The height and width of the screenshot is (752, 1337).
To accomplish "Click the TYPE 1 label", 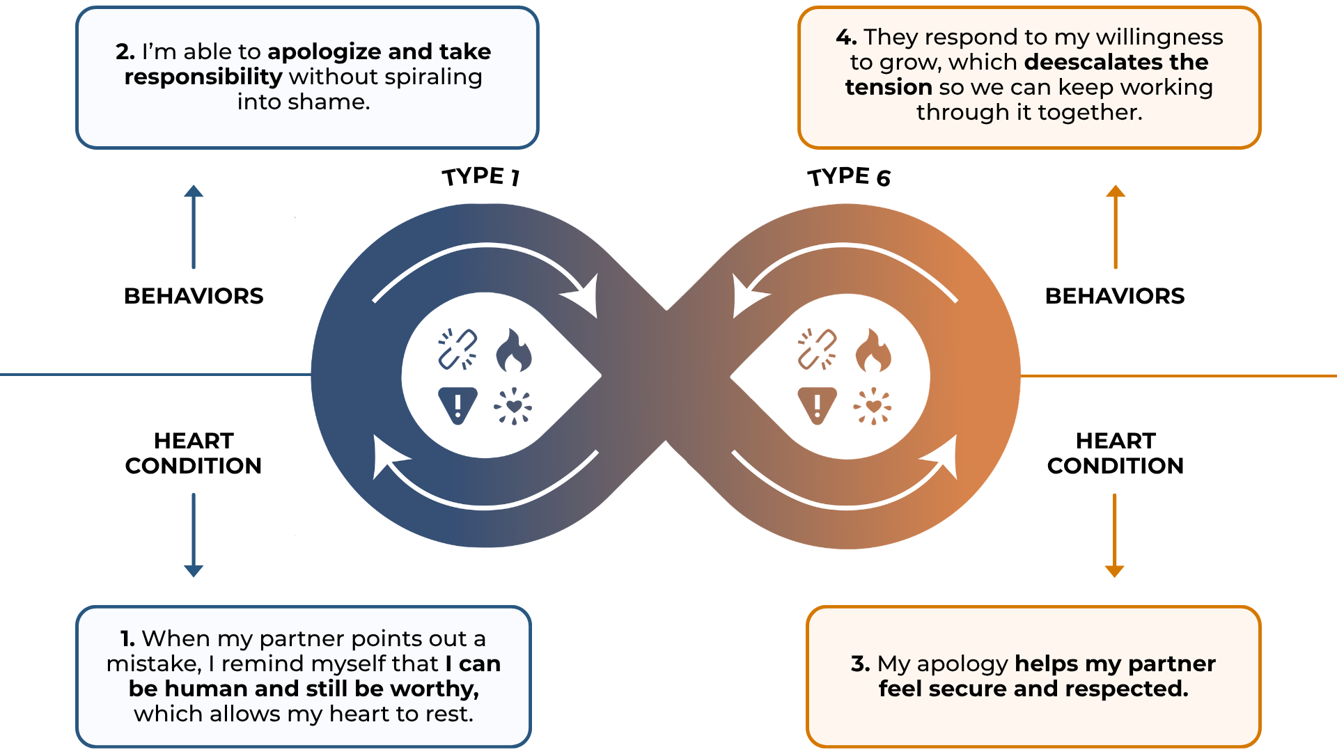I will click(x=481, y=176).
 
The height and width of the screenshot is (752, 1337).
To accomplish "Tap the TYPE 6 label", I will click(x=849, y=177).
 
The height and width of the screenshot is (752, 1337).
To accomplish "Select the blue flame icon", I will click(x=514, y=350).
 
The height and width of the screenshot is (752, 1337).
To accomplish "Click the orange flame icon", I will click(x=873, y=350).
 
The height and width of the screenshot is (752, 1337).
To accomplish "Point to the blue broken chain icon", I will click(x=458, y=349).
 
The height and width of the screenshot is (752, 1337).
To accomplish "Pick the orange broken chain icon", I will click(x=817, y=349).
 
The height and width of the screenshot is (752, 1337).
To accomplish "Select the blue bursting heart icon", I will click(x=513, y=406).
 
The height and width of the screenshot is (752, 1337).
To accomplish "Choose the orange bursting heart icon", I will click(x=873, y=406).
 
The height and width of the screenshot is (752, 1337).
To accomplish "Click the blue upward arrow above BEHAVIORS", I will click(x=194, y=226).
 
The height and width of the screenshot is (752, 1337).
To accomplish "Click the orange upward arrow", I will click(x=1116, y=226).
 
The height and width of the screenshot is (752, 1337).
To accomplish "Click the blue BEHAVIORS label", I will click(x=194, y=296).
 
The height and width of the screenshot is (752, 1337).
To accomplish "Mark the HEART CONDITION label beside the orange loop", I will click(x=1116, y=453).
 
